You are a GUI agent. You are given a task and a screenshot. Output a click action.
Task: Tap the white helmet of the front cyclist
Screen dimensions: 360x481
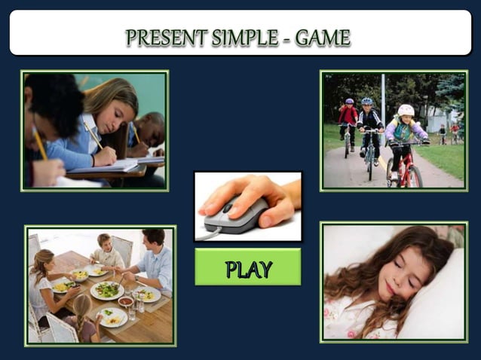coord(406,110)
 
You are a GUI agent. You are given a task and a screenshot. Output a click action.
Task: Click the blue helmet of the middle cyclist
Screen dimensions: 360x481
coord(367,102)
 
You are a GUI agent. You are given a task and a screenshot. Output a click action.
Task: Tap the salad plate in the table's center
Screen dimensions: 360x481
coord(108,290)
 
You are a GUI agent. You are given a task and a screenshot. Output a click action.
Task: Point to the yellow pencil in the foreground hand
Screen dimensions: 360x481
coord(38,142)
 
